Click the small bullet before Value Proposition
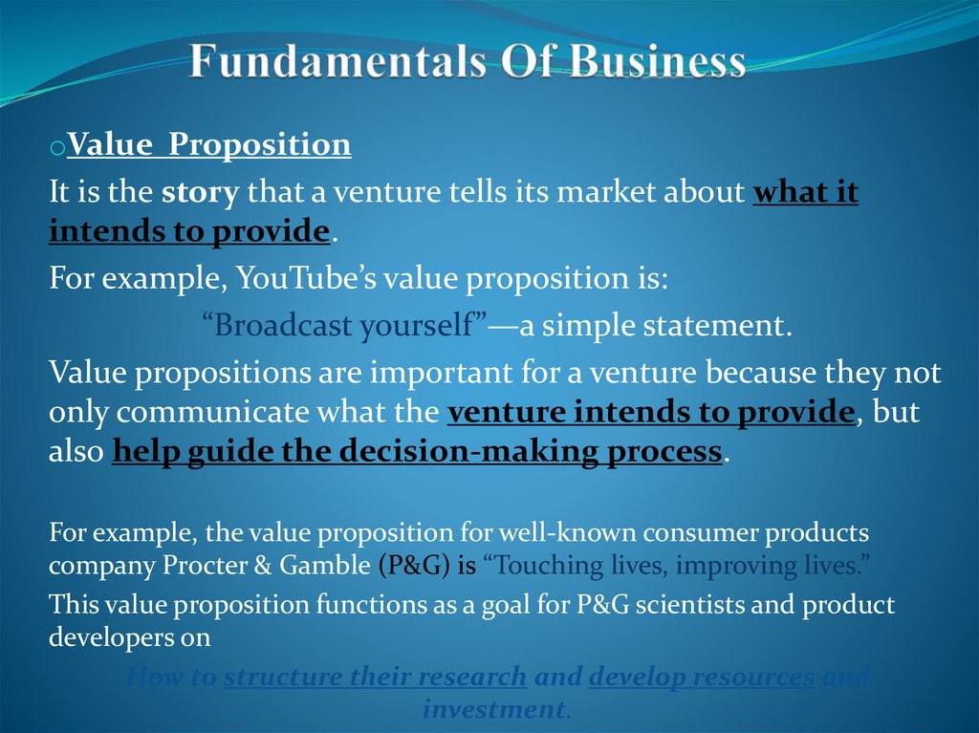(x=57, y=149)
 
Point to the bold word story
(x=200, y=192)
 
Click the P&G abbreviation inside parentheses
(x=414, y=566)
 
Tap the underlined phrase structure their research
(x=375, y=678)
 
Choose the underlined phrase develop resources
(x=703, y=678)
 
